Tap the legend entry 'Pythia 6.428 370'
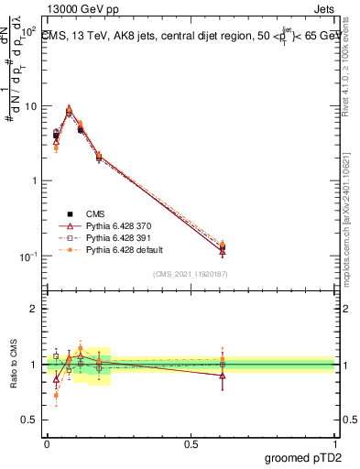coord(111,225)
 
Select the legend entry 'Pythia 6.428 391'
coord(111,237)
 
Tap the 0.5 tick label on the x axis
coord(191,443)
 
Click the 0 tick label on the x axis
coord(46,443)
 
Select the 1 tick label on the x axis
coord(334,443)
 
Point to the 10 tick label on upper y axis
coord(30,106)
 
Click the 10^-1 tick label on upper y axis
coord(27,256)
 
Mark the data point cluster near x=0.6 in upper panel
coord(223,247)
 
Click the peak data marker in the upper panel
coord(69,109)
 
